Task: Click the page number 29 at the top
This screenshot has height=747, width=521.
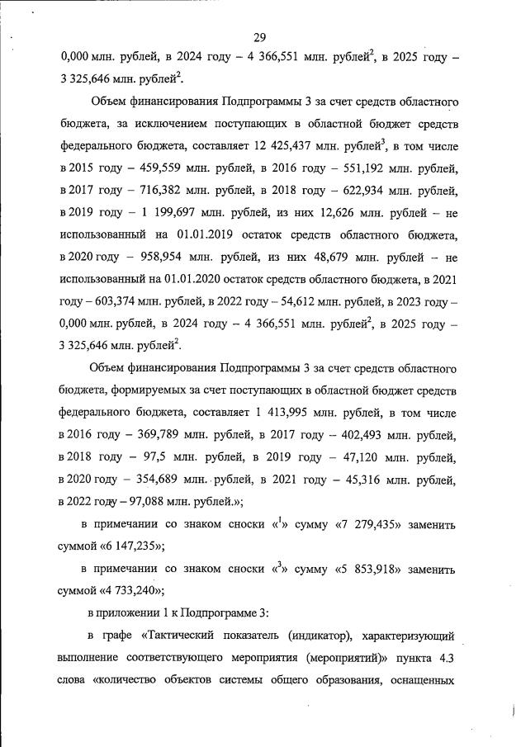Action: [259, 37]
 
